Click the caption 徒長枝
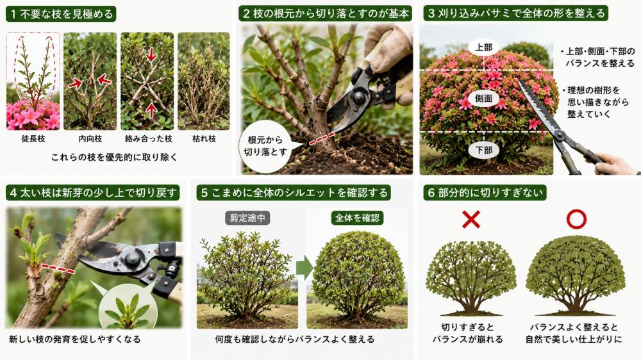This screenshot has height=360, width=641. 33,139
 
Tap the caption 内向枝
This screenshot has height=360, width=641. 90,139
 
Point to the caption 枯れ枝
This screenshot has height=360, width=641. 204,139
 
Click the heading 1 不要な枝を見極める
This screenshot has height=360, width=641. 62,14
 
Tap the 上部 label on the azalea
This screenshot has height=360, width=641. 483,47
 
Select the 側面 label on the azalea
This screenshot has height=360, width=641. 483,99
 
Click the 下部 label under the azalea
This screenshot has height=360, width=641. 483,150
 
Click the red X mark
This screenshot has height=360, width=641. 471,220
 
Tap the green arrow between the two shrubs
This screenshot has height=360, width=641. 304,268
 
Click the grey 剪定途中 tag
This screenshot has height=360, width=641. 247,218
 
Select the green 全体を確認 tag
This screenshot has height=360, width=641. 357,218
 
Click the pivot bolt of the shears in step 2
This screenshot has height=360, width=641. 358,97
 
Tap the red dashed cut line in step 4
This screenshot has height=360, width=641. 58,268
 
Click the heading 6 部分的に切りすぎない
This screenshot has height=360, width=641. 485,193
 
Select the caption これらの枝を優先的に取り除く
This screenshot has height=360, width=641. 115,158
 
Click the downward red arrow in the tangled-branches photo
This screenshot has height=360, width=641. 151,54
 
